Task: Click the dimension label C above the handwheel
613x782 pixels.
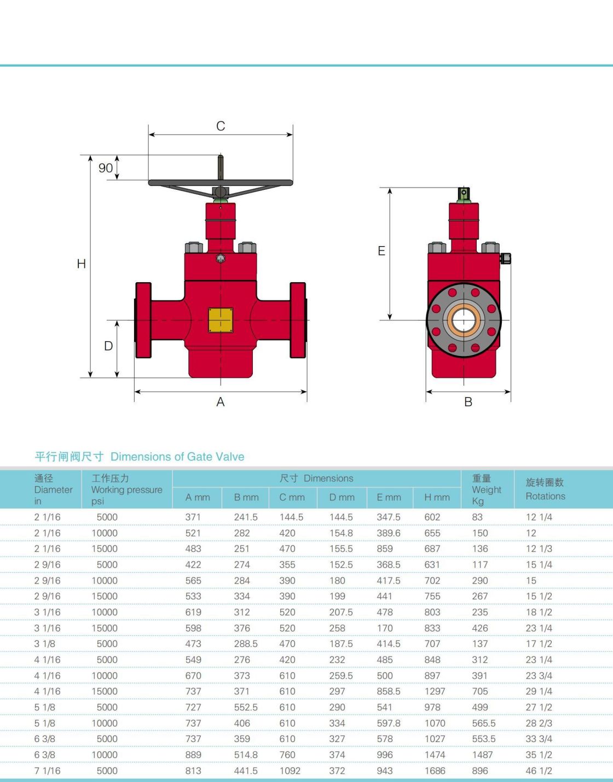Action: [x=221, y=126]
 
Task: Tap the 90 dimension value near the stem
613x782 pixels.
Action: [x=106, y=168]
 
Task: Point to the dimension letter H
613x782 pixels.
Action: [x=82, y=264]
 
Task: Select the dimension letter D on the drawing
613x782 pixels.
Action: [x=108, y=346]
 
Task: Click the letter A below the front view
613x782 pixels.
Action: [x=221, y=402]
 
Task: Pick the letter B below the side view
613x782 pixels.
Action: [x=468, y=402]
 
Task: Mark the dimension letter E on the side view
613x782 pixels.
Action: [x=381, y=251]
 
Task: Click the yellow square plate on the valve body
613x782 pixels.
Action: [x=221, y=320]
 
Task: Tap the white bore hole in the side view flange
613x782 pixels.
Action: [x=464, y=320]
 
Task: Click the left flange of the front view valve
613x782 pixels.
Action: [x=143, y=320]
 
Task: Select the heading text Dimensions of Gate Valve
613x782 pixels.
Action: [x=177, y=457]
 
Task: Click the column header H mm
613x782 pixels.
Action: [x=437, y=497]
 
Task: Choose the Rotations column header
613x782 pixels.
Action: [x=545, y=496]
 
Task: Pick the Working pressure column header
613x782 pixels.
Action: [x=127, y=490]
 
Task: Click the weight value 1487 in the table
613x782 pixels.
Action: [x=482, y=755]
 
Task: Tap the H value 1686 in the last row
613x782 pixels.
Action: [x=435, y=771]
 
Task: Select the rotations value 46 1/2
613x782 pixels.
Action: [x=539, y=771]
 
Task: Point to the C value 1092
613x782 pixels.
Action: [x=290, y=771]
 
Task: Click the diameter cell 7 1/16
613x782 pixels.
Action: [x=47, y=771]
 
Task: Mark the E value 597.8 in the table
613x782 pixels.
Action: [x=389, y=723]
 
